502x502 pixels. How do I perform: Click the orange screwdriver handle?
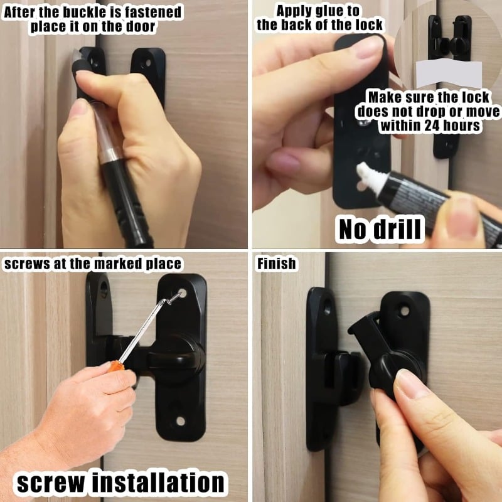[x=115, y=366]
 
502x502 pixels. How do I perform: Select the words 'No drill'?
[x=380, y=229]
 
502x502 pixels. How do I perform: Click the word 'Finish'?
[x=277, y=264]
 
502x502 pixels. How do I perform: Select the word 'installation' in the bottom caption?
[x=159, y=482]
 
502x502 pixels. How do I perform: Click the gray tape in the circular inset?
[x=449, y=73]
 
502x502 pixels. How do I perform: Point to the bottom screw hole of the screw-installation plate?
[x=181, y=421]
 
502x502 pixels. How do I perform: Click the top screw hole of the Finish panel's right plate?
[x=405, y=311]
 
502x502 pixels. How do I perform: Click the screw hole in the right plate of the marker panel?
[x=146, y=62]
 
